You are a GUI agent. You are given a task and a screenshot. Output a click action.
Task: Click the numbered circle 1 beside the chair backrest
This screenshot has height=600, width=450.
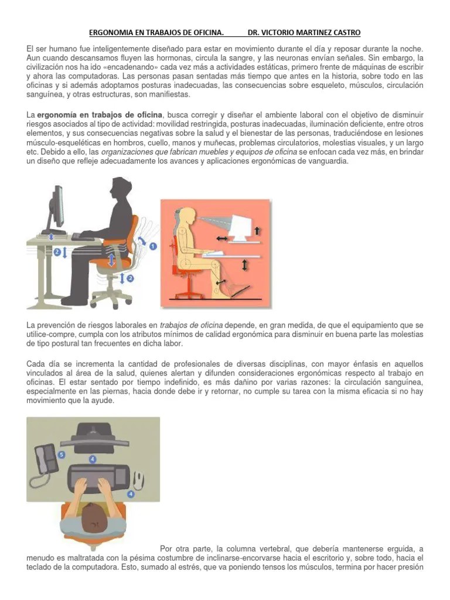pos(154,247)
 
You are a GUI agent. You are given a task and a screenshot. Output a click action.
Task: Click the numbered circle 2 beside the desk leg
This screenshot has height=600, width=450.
pos(57,252)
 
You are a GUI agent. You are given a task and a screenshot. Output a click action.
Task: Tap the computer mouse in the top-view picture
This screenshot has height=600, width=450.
pos(139,480)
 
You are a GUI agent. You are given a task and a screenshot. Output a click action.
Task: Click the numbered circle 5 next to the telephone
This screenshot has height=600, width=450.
pos(62,454)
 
